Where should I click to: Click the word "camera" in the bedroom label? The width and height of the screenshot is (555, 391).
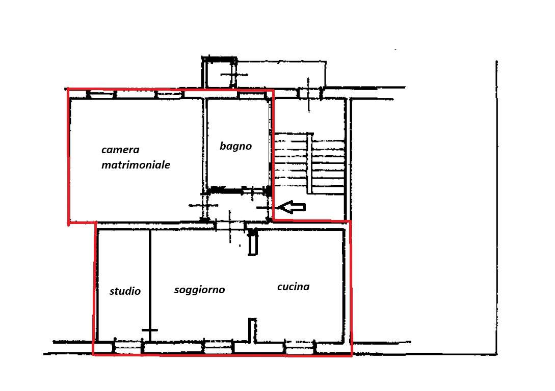point(120,150)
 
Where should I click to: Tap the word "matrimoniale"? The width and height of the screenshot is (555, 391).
point(136,165)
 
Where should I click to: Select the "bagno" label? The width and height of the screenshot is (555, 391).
point(236,146)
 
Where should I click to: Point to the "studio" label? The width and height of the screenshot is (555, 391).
point(125,291)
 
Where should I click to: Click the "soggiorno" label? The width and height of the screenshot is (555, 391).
point(200,290)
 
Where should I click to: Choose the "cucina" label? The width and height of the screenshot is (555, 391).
point(294,286)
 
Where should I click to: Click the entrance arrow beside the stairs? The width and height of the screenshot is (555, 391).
point(291,207)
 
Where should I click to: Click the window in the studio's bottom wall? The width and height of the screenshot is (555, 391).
point(128,348)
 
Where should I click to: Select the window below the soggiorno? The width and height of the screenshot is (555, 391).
point(218,348)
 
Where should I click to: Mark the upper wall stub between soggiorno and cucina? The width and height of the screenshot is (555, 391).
point(252,242)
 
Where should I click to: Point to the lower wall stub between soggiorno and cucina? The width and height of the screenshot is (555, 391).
point(252,330)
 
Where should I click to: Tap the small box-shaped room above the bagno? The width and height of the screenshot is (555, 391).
point(220,72)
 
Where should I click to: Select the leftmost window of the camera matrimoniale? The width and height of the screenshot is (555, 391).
point(101,94)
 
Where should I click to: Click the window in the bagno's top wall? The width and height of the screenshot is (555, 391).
point(250,94)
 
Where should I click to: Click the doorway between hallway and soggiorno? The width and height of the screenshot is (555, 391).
point(230,226)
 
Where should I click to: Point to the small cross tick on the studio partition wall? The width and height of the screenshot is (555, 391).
point(150,330)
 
